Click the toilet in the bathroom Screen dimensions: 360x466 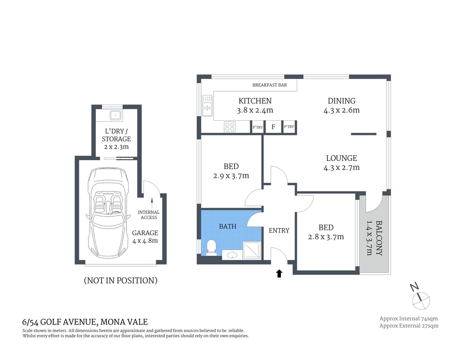pyautogui.click(x=211, y=247)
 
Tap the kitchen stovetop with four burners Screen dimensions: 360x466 pyautogui.click(x=230, y=127)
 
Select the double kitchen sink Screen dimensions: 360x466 pyautogui.click(x=207, y=106)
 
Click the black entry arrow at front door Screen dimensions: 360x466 pyautogui.click(x=279, y=273)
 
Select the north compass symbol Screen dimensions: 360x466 pyautogui.click(x=421, y=298)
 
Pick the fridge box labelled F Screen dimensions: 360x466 pyautogui.click(x=273, y=127)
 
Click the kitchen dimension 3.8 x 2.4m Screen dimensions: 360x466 pyautogui.click(x=255, y=110)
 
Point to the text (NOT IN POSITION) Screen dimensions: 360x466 pyautogui.click(x=121, y=281)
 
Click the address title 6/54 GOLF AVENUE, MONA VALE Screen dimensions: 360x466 pyautogui.click(x=85, y=322)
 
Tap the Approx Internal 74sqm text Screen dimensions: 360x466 pyautogui.click(x=408, y=318)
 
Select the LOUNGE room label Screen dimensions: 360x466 pyautogui.click(x=341, y=158)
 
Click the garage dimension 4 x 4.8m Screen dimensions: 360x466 pyautogui.click(x=145, y=240)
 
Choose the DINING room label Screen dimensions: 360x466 pyautogui.click(x=341, y=101)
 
